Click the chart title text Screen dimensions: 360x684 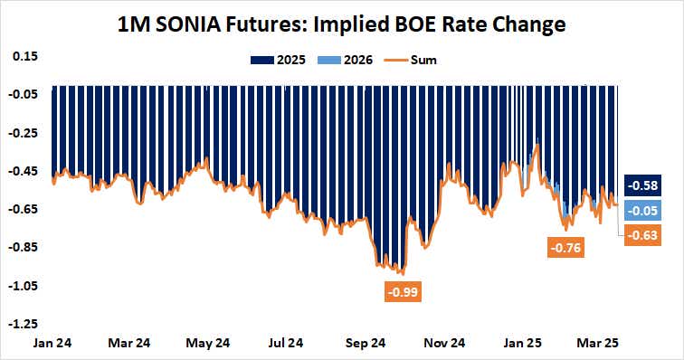coord(341,24)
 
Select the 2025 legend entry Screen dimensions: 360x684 coord(271,61)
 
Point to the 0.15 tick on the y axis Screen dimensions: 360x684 coord(24,56)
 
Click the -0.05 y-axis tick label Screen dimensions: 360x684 coord(23,94)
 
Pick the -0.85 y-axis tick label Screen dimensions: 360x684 coord(23,247)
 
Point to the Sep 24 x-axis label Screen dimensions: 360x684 coord(366,344)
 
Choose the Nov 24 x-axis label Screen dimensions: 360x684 coord(444,344)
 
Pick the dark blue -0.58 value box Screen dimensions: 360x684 coord(647,185)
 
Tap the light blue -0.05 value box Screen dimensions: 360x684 coord(647,210)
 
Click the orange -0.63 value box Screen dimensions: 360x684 coord(647,236)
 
